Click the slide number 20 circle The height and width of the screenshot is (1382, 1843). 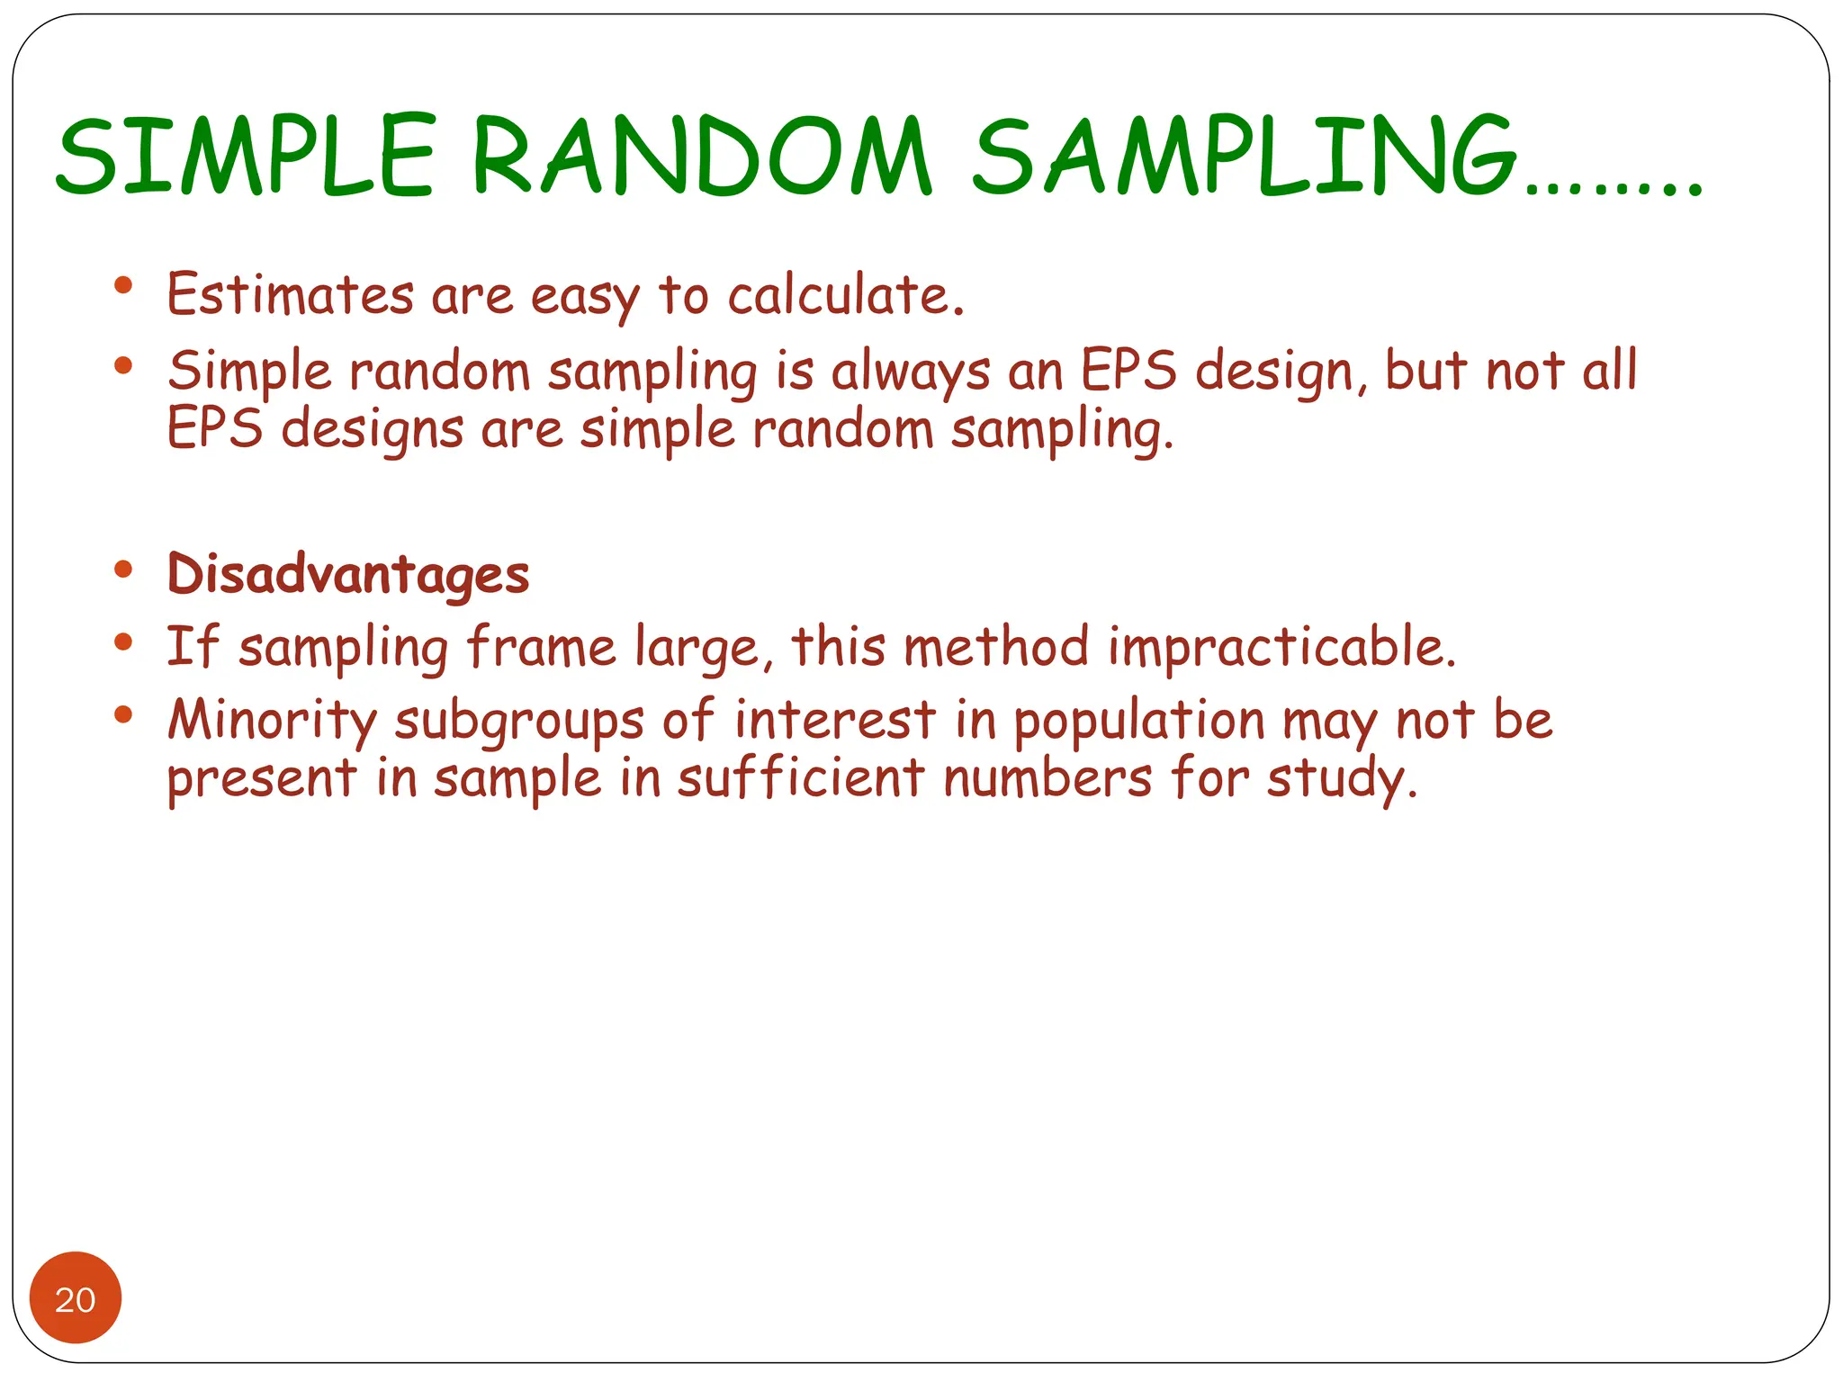76,1297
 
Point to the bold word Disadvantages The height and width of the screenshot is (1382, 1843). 348,574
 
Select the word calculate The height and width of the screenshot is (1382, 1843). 845,294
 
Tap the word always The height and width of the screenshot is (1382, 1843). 910,372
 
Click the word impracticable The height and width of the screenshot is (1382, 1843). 1281,647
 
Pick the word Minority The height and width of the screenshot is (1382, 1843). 273,721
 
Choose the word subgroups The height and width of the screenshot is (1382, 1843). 518,722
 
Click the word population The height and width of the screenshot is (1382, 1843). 1139,722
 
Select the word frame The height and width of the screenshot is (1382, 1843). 541,647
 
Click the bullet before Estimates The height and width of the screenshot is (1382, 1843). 124,286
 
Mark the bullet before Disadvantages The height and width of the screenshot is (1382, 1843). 124,570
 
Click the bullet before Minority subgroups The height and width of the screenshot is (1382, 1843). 124,715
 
